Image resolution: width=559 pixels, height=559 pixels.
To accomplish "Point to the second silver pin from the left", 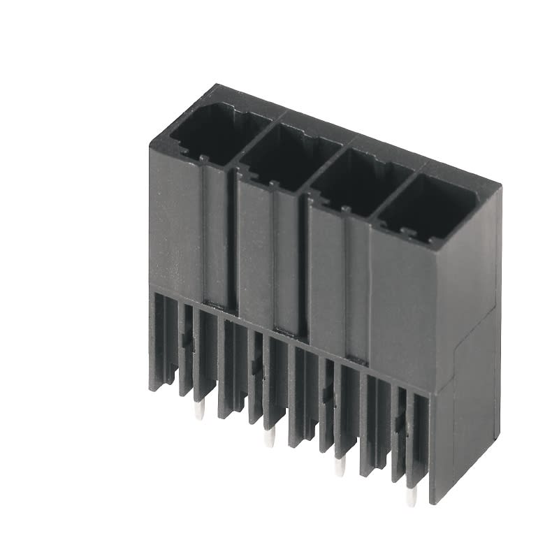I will click(268, 439).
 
